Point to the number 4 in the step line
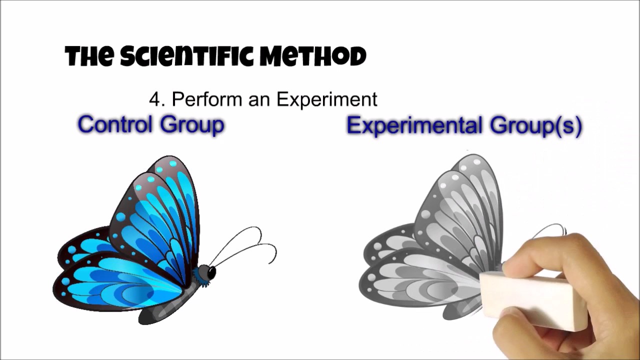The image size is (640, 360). coord(156,99)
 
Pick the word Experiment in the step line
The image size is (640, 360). coord(327,99)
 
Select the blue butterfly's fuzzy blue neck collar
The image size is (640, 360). coord(201,278)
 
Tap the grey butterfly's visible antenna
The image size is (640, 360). coord(550,228)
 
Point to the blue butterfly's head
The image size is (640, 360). coord(206,272)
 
